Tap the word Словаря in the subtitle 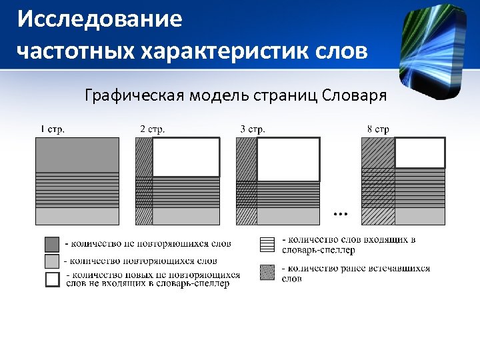click(355, 95)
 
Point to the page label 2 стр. click(152, 129)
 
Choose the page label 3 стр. click(253, 129)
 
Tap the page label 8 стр click(378, 129)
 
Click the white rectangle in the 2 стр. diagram click(186, 157)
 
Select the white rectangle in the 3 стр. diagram click(288, 159)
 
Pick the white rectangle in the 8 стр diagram click(420, 152)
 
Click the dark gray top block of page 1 click(77, 155)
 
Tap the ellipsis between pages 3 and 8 click(340, 214)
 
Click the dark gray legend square click(52, 243)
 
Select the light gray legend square click(52, 261)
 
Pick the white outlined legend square click(52, 279)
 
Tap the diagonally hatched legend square click(267, 272)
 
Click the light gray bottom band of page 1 click(77, 216)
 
